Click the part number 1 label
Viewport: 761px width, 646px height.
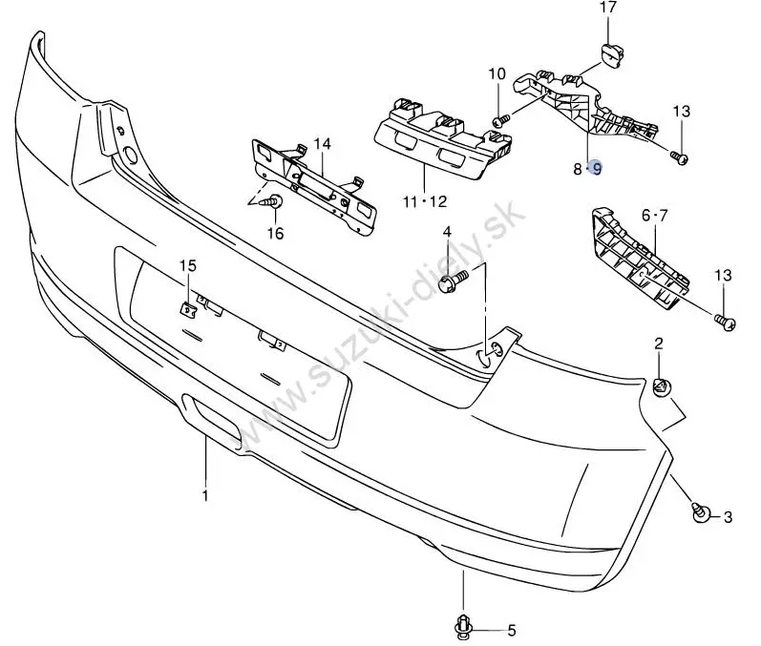[205, 495]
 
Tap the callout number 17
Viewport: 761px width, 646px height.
[608, 9]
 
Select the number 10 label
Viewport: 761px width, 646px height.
[497, 73]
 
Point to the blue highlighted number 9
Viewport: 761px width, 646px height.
[597, 169]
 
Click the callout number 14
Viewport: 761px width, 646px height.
[322, 144]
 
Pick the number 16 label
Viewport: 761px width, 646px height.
[275, 233]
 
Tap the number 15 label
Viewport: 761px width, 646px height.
[187, 264]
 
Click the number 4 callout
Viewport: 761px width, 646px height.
[446, 232]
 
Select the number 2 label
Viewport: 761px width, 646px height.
[659, 343]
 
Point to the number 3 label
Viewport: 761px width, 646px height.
[728, 517]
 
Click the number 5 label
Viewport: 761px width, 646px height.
[511, 630]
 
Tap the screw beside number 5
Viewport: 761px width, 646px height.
[464, 626]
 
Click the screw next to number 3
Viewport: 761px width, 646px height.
[701, 513]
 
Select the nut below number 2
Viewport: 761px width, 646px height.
[660, 386]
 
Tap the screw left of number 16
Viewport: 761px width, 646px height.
[274, 203]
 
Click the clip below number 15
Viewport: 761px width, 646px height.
[187, 305]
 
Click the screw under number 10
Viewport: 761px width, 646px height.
[499, 120]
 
